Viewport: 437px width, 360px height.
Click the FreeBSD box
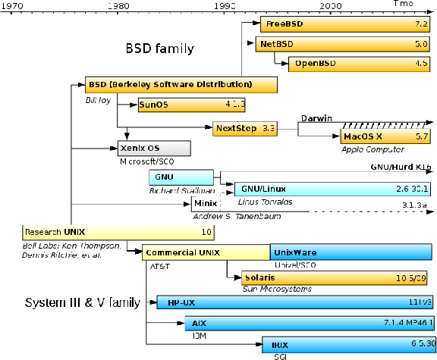(x=346, y=24)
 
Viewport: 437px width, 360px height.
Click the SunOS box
(x=190, y=105)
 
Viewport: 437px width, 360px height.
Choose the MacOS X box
(x=385, y=136)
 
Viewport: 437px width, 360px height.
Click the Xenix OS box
(x=154, y=147)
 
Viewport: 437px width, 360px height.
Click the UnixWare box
(x=352, y=252)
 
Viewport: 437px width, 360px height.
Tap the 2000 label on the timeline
(x=330, y=5)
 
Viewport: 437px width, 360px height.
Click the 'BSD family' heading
(x=159, y=49)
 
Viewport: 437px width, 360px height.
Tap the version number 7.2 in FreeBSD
(x=422, y=24)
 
